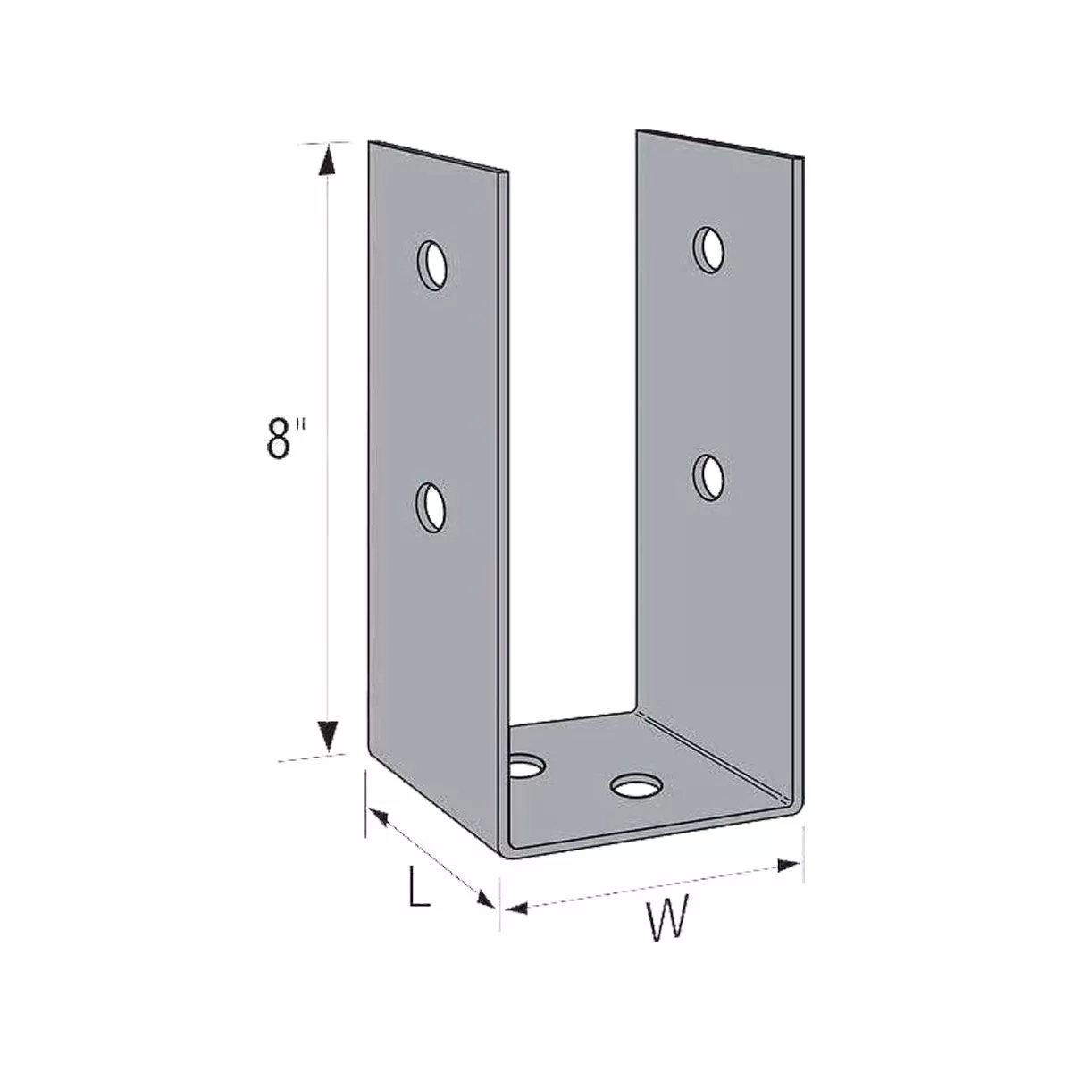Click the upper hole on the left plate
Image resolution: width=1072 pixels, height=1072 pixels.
(433, 264)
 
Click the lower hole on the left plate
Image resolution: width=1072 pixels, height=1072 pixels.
(433, 507)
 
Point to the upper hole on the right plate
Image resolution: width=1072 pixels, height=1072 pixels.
(709, 248)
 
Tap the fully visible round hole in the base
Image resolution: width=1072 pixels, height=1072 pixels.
(637, 786)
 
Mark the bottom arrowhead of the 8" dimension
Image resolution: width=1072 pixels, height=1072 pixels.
(329, 737)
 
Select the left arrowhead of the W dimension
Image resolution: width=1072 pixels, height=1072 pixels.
(511, 908)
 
